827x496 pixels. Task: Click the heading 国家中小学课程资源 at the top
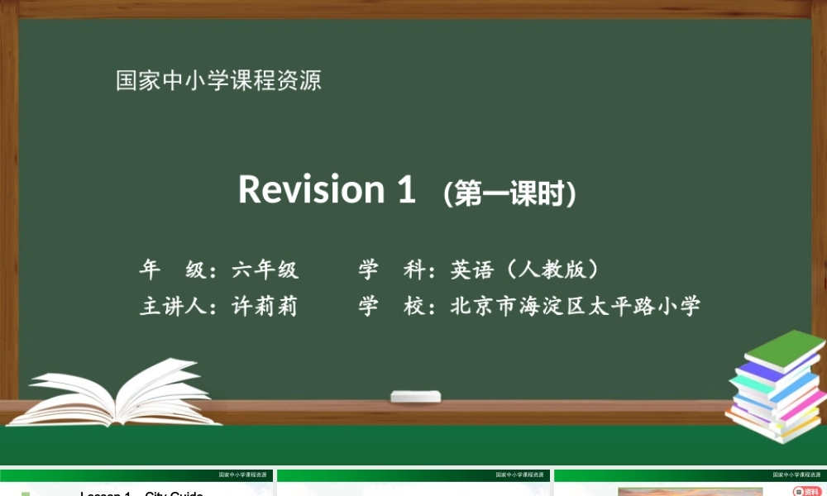point(218,81)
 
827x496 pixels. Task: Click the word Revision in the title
point(311,189)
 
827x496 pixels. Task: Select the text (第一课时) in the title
point(509,193)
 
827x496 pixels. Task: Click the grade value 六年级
point(265,269)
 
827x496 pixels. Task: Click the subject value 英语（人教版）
point(524,269)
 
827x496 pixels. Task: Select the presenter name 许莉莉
point(265,307)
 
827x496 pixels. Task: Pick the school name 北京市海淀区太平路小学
point(576,307)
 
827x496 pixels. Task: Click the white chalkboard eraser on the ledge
point(415,397)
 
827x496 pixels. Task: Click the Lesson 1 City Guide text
point(141,494)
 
